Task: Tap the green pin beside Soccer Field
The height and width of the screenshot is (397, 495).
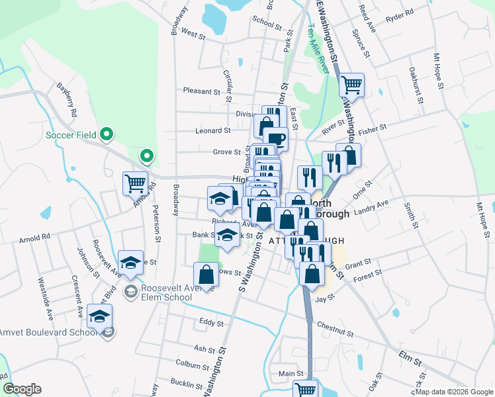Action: click(106, 135)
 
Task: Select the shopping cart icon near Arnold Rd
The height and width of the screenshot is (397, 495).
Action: click(136, 183)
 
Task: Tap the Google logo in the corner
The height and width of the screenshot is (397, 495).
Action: click(22, 389)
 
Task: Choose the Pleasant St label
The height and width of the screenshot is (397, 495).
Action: click(201, 91)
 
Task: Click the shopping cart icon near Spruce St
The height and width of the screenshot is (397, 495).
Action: click(351, 84)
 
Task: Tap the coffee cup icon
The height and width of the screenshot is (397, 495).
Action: click(275, 138)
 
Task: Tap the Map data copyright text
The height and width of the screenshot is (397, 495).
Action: click(453, 392)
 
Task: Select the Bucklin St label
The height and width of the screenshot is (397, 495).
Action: click(186, 384)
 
